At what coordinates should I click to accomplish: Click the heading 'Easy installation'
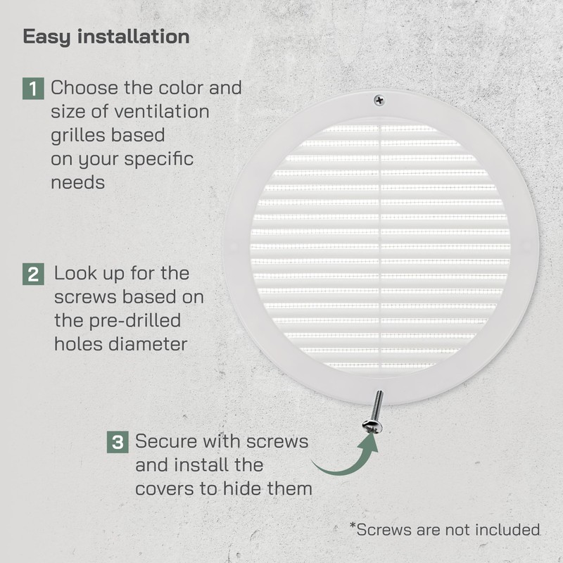(106, 37)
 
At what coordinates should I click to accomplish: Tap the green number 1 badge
(33, 89)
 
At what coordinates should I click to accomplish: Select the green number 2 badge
(33, 274)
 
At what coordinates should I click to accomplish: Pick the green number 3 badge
(118, 443)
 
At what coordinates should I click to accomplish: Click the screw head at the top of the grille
(379, 101)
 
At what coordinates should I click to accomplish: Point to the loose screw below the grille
(374, 412)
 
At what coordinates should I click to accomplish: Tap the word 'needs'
(78, 183)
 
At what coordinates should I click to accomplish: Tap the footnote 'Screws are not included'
(448, 530)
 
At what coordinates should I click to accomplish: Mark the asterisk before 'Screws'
(353, 525)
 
